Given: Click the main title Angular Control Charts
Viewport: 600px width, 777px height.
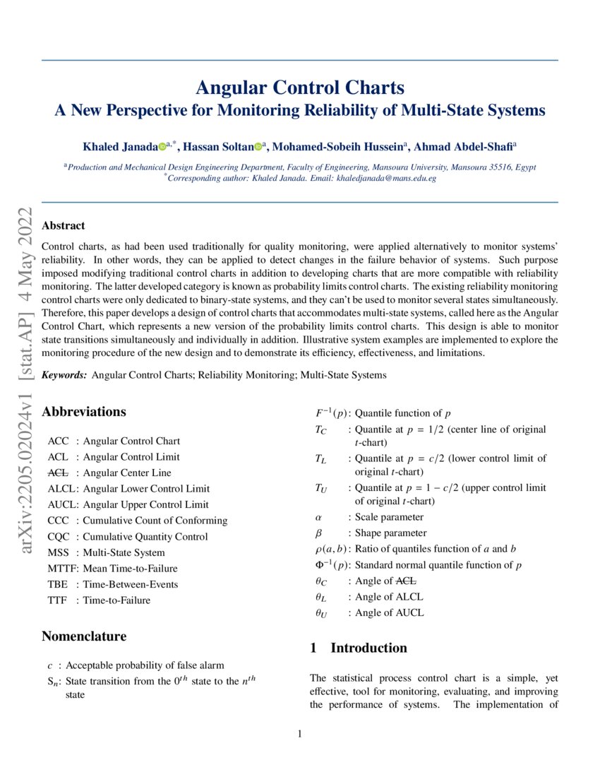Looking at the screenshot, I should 299,88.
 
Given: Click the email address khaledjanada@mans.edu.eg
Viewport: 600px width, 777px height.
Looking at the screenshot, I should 385,179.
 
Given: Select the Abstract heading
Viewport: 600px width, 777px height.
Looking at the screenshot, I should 64,225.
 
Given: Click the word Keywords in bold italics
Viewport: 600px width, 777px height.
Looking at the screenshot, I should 64,375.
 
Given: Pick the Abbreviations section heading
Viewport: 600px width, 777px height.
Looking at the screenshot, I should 84,412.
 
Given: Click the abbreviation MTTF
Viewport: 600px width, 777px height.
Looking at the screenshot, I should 63,568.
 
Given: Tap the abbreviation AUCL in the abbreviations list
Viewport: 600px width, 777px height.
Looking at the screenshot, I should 61,504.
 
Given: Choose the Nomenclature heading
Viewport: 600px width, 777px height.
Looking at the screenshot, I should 84,636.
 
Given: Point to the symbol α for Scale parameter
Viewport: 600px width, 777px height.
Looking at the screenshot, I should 318,517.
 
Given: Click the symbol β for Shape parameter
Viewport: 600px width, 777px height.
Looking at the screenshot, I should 318,533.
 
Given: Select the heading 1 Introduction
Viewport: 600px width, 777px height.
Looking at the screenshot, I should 359,648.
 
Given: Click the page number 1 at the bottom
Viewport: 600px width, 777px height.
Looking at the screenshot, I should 299,734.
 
